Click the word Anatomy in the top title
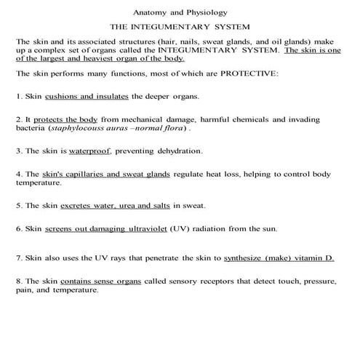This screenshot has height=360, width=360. [x=151, y=12]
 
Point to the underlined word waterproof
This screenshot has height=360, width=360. [x=92, y=151]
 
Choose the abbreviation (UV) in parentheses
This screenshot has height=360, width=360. [x=180, y=229]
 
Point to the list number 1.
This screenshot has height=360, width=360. [x=19, y=96]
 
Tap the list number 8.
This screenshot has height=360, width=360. [x=19, y=281]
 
